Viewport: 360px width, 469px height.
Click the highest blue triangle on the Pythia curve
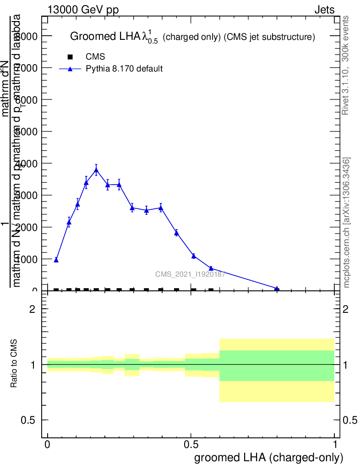click(x=96, y=170)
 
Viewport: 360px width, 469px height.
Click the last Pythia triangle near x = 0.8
click(x=277, y=289)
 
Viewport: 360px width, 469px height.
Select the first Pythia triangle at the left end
click(x=56, y=260)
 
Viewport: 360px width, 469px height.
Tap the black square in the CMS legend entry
click(x=70, y=57)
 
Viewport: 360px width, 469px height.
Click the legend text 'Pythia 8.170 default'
click(x=125, y=69)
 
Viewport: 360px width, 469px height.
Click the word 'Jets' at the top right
click(x=324, y=10)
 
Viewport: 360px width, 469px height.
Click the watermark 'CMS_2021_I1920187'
click(x=190, y=274)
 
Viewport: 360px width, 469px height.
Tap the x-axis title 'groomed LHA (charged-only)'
click(x=269, y=458)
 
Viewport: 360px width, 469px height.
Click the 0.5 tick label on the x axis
click(x=191, y=445)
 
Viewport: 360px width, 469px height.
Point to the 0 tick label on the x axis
click(x=48, y=445)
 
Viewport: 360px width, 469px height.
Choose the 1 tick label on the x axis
click(x=335, y=445)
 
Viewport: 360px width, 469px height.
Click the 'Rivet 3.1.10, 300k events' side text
click(x=346, y=65)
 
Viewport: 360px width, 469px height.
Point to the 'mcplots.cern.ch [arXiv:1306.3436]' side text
click(x=347, y=223)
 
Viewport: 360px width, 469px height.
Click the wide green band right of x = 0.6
click(x=277, y=365)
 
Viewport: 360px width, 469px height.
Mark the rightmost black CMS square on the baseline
click(x=211, y=290)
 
